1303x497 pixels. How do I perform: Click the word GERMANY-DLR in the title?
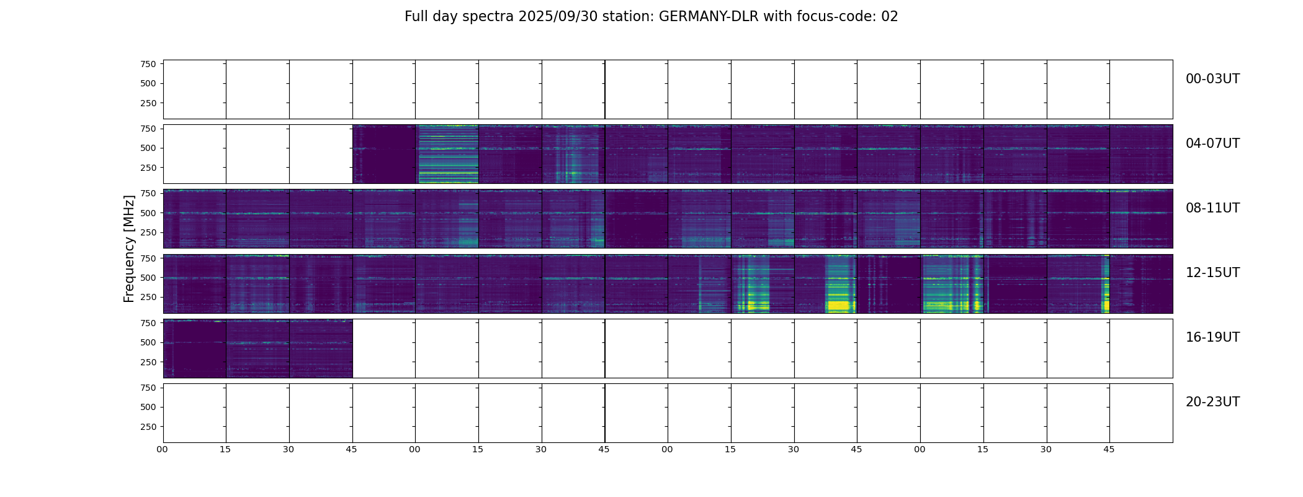709,17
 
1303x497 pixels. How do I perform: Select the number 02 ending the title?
890,17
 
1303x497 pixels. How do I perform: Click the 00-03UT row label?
1212,79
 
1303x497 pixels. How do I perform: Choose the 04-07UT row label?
1212,144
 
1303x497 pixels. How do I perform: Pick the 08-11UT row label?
1212,208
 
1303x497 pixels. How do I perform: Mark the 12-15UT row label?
1212,273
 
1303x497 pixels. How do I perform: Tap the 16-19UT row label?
1212,337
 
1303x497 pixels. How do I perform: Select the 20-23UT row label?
1212,402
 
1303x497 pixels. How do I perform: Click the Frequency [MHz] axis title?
129,248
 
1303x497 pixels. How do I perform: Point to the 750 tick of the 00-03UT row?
148,64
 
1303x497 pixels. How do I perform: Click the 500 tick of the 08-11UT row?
148,213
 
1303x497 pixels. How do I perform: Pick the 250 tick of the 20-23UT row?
148,427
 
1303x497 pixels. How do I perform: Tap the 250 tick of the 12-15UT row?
148,298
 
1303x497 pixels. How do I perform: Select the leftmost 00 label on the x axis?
163,449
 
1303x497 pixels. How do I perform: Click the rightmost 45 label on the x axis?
1109,449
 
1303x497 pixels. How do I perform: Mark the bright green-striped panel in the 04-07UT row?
447,154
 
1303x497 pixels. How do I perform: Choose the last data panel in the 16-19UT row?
321,349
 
